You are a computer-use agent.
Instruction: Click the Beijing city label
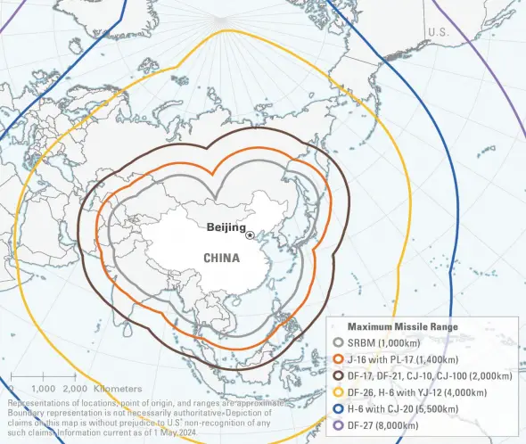[226, 227]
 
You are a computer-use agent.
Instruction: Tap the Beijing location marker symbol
[251, 235]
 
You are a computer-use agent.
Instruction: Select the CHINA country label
[222, 258]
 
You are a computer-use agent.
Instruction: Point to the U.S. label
[439, 32]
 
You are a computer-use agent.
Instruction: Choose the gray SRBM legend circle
[338, 343]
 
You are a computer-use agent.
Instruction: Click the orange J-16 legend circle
[338, 359]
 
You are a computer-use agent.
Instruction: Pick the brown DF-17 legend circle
[338, 375]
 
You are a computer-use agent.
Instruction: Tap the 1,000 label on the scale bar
[44, 389]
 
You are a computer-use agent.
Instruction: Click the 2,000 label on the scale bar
[77, 389]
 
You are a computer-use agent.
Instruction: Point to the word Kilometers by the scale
[116, 389]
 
